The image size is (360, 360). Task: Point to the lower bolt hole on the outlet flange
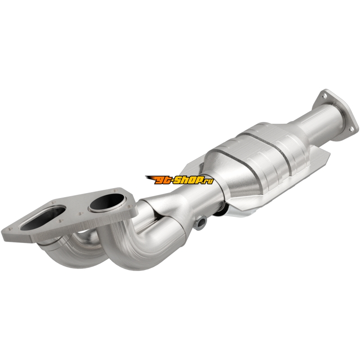click(x=351, y=130)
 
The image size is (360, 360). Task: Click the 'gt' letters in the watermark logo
click(x=164, y=181)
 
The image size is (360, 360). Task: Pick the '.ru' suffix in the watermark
click(x=208, y=181)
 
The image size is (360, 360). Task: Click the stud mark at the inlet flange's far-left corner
click(x=10, y=229)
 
